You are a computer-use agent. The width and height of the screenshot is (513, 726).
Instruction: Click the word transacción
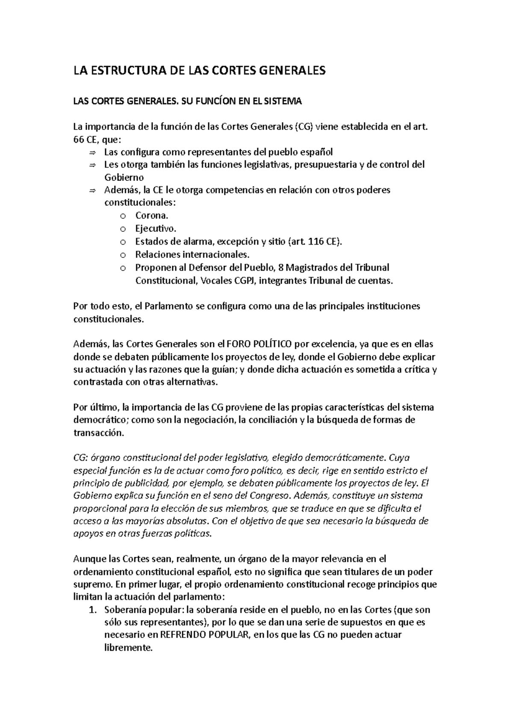99,433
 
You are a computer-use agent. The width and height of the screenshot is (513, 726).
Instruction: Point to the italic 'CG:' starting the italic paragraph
80,458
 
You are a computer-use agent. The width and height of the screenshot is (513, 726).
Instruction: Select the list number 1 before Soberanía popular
91,610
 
